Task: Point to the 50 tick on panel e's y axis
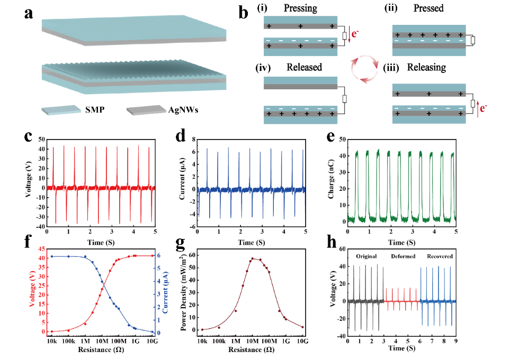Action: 342,139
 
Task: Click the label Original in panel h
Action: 366,256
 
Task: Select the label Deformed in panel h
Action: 402,256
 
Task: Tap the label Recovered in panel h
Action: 440,256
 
